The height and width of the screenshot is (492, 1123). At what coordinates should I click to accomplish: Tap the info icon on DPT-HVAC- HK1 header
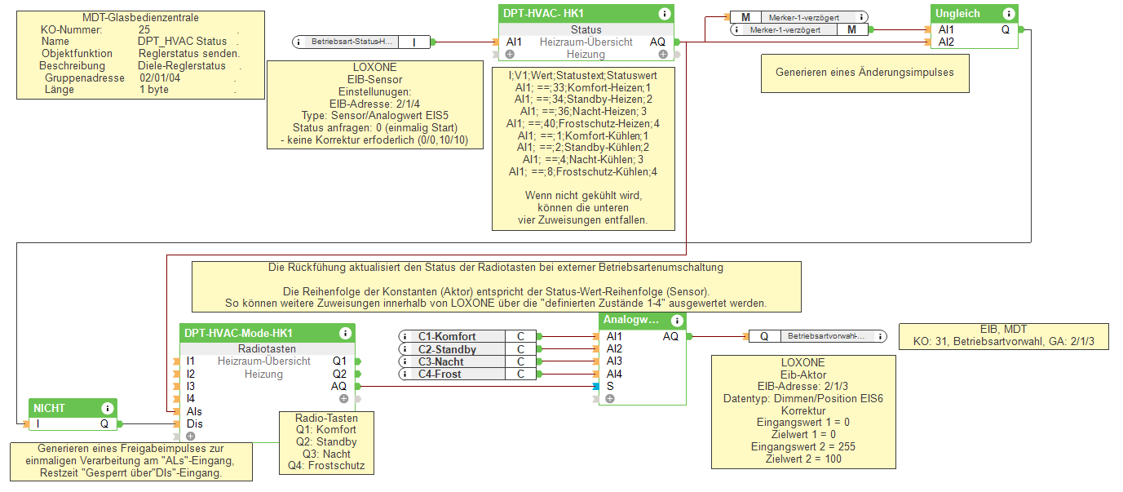tap(665, 14)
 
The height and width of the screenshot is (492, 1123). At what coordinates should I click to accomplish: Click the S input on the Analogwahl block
tap(610, 386)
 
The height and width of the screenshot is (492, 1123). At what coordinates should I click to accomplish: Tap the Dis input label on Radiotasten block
tap(194, 424)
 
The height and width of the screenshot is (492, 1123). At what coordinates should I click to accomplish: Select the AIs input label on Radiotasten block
tap(194, 411)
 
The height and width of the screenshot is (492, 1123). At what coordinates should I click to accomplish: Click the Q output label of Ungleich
tap(1006, 29)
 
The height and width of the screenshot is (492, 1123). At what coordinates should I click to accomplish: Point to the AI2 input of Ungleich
tap(946, 42)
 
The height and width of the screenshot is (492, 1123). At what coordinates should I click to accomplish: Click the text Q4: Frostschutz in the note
tap(325, 467)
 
